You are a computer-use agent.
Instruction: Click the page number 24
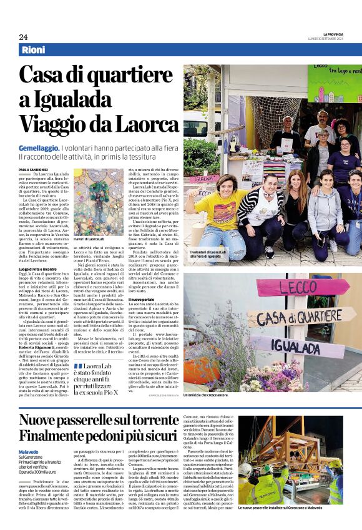[x=23, y=36]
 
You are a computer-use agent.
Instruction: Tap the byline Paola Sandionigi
[x=31, y=169]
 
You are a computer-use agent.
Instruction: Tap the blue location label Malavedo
[x=29, y=452]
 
